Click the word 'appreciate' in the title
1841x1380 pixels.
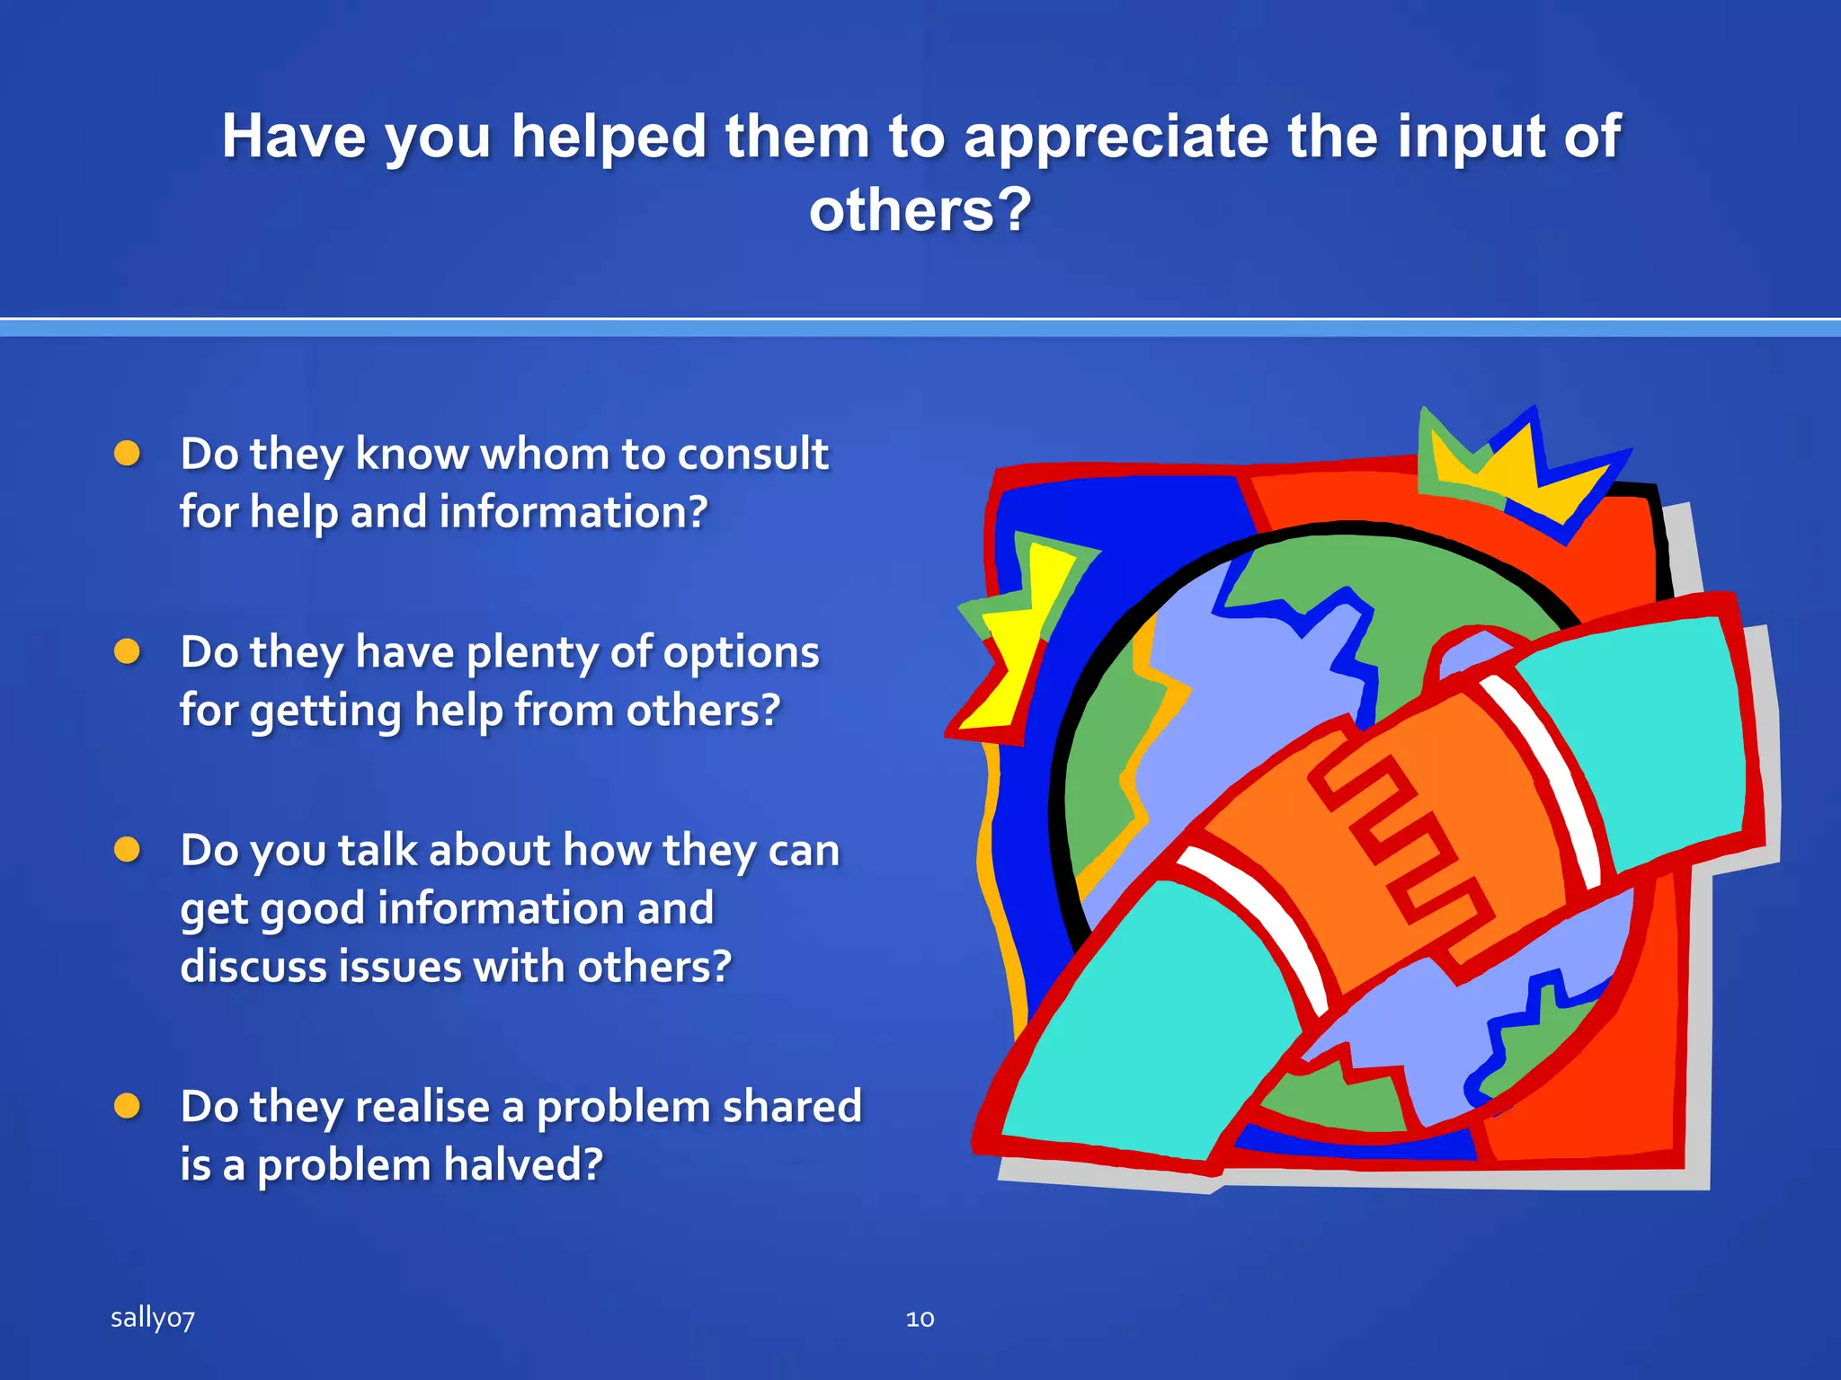[x=1115, y=137]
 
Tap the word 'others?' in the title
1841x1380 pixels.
[x=920, y=210]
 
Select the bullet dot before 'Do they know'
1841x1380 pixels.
[x=128, y=454]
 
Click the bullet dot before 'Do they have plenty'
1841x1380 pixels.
[x=128, y=651]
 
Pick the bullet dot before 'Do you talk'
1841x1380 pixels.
[x=128, y=850]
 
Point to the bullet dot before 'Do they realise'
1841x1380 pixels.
[x=128, y=1106]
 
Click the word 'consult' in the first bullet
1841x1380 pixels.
[x=752, y=454]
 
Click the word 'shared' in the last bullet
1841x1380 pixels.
[x=791, y=1106]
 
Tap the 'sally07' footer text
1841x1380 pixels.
[x=152, y=1318]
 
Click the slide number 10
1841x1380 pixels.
[x=920, y=1319]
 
